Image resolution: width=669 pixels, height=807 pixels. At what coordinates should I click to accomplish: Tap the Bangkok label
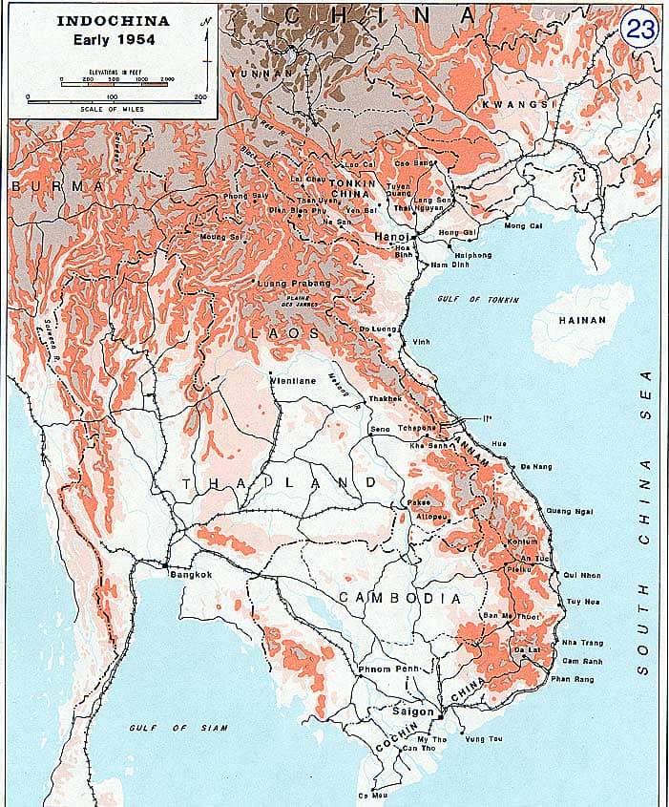[x=190, y=574]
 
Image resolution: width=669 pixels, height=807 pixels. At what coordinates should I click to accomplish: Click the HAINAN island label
[x=582, y=320]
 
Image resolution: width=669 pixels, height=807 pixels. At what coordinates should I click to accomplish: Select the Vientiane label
[x=293, y=379]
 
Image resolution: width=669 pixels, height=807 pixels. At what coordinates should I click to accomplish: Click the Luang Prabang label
[x=294, y=284]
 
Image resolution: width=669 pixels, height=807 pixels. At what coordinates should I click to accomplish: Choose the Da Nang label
[x=536, y=466]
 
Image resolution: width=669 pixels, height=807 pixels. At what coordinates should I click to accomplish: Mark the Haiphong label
[x=473, y=255]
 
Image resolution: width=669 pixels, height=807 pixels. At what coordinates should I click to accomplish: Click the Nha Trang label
[x=583, y=642]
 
